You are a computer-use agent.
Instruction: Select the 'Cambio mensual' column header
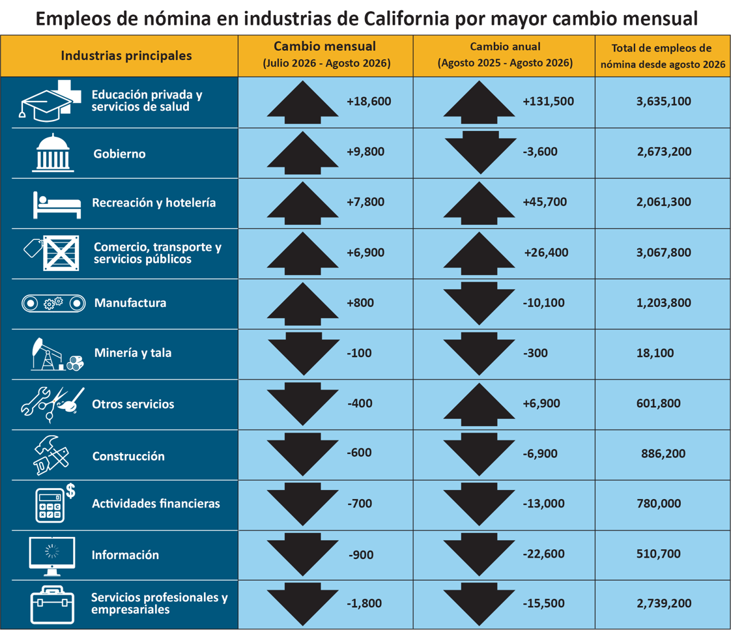325,55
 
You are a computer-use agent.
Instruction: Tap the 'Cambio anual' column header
505,55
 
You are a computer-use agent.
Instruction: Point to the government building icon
53,153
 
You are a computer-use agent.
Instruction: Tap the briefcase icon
52,605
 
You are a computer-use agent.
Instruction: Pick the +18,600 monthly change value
369,102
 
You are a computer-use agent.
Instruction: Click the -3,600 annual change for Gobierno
540,152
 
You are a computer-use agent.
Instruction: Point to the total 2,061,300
664,203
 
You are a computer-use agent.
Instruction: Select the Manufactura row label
130,303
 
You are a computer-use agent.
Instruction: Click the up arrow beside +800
302,304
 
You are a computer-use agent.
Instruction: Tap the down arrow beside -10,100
480,304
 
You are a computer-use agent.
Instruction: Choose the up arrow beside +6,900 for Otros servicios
480,405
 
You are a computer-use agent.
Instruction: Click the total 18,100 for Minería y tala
655,354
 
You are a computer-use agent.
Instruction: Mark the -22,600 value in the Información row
543,554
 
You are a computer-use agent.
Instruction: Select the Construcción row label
128,456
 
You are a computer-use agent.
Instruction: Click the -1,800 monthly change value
364,603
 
